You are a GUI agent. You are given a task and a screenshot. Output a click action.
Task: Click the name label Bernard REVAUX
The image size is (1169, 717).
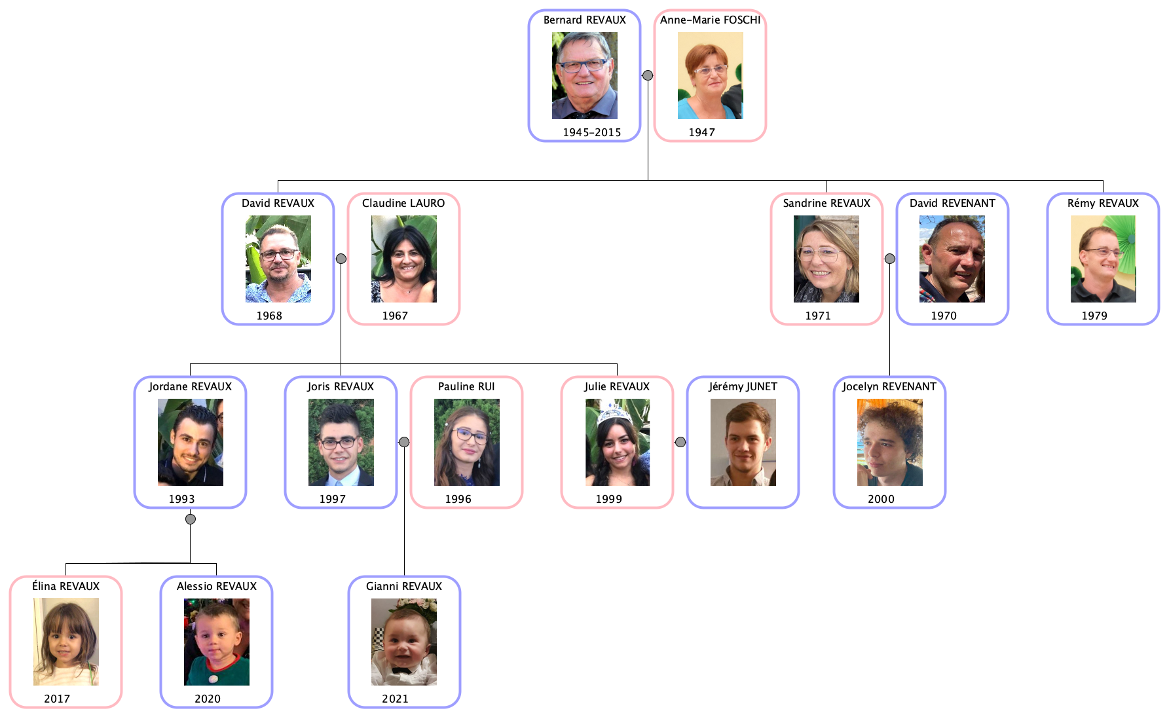pyautogui.click(x=584, y=20)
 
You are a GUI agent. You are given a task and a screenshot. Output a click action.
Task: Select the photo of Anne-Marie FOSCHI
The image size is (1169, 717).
pyautogui.click(x=710, y=75)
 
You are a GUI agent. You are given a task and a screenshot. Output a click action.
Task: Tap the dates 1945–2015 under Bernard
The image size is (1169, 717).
pyautogui.click(x=591, y=132)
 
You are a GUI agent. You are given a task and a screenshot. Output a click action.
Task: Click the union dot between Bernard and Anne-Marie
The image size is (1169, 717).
pyautogui.click(x=648, y=75)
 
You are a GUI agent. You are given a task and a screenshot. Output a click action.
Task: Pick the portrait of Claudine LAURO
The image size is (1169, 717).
pyautogui.click(x=403, y=259)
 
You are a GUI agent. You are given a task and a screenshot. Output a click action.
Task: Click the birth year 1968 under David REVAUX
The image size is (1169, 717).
pyautogui.click(x=269, y=316)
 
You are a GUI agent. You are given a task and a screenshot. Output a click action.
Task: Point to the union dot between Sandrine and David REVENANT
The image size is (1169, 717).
pyautogui.click(x=889, y=259)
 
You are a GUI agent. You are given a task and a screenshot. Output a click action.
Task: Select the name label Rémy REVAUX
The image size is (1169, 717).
pyautogui.click(x=1103, y=203)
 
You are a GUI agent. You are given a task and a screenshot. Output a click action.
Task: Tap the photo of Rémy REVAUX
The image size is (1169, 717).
pyautogui.click(x=1103, y=259)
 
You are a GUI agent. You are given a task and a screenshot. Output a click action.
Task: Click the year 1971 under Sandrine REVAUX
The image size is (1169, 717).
pyautogui.click(x=818, y=316)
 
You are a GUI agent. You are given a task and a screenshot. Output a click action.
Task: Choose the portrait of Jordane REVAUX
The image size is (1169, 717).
pyautogui.click(x=190, y=442)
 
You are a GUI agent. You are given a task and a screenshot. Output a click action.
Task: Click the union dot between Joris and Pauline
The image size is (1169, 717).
pyautogui.click(x=404, y=442)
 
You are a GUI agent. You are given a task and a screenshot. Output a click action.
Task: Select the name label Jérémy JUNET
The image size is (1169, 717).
pyautogui.click(x=743, y=386)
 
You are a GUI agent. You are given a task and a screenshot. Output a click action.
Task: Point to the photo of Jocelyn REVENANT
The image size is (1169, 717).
pyautogui.click(x=889, y=442)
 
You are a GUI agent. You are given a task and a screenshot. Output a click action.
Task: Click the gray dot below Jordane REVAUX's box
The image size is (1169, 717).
pyautogui.click(x=190, y=519)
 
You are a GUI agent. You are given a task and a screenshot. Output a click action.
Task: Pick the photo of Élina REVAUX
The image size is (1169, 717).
pyautogui.click(x=65, y=642)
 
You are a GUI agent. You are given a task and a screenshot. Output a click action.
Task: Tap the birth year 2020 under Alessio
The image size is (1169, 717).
pyautogui.click(x=208, y=699)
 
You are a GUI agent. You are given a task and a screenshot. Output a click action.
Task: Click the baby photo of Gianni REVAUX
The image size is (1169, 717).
pyautogui.click(x=403, y=642)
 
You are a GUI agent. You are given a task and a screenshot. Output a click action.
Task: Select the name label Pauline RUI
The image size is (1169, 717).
pyautogui.click(x=466, y=386)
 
